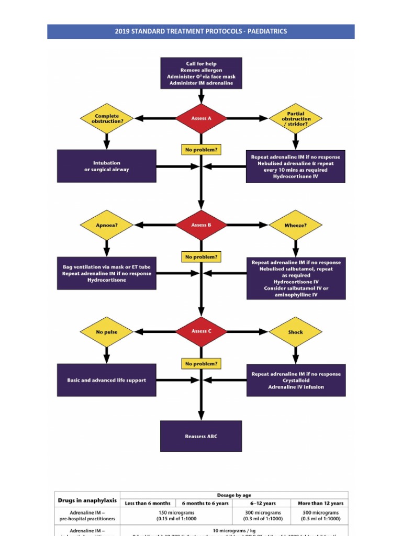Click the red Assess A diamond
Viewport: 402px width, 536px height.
(201, 118)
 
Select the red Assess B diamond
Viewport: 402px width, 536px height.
(201, 225)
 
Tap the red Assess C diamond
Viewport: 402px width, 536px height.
(201, 331)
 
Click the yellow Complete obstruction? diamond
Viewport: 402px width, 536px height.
(107, 118)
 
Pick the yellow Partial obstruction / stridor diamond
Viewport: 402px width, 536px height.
(296, 119)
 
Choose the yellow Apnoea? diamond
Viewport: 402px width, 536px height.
(107, 225)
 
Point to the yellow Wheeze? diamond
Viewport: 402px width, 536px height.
(296, 226)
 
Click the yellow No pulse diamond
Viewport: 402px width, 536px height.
(107, 332)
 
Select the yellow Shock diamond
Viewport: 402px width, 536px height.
(296, 332)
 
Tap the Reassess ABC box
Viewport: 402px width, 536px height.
(201, 436)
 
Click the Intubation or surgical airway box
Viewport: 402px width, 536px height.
(106, 166)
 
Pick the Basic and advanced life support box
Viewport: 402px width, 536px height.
(106, 380)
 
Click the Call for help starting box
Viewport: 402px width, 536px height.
(201, 73)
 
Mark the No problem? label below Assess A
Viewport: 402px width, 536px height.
(201, 150)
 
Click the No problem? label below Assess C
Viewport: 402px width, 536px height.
(201, 363)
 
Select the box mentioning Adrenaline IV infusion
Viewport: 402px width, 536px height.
(296, 381)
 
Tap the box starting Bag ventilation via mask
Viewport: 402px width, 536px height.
(106, 273)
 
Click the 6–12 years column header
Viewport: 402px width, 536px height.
(263, 503)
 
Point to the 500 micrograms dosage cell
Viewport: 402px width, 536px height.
(320, 516)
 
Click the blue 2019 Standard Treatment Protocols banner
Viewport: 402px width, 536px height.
(201, 31)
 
